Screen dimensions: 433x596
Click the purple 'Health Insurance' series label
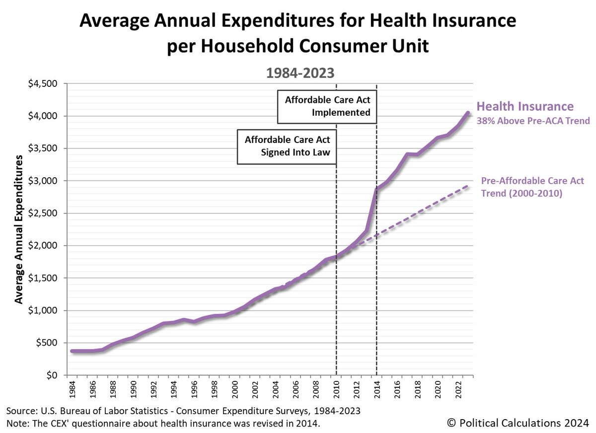pyautogui.click(x=525, y=106)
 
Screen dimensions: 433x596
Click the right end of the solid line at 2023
pyautogui.click(x=468, y=113)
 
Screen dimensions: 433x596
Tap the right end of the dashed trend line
pyautogui.click(x=468, y=186)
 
